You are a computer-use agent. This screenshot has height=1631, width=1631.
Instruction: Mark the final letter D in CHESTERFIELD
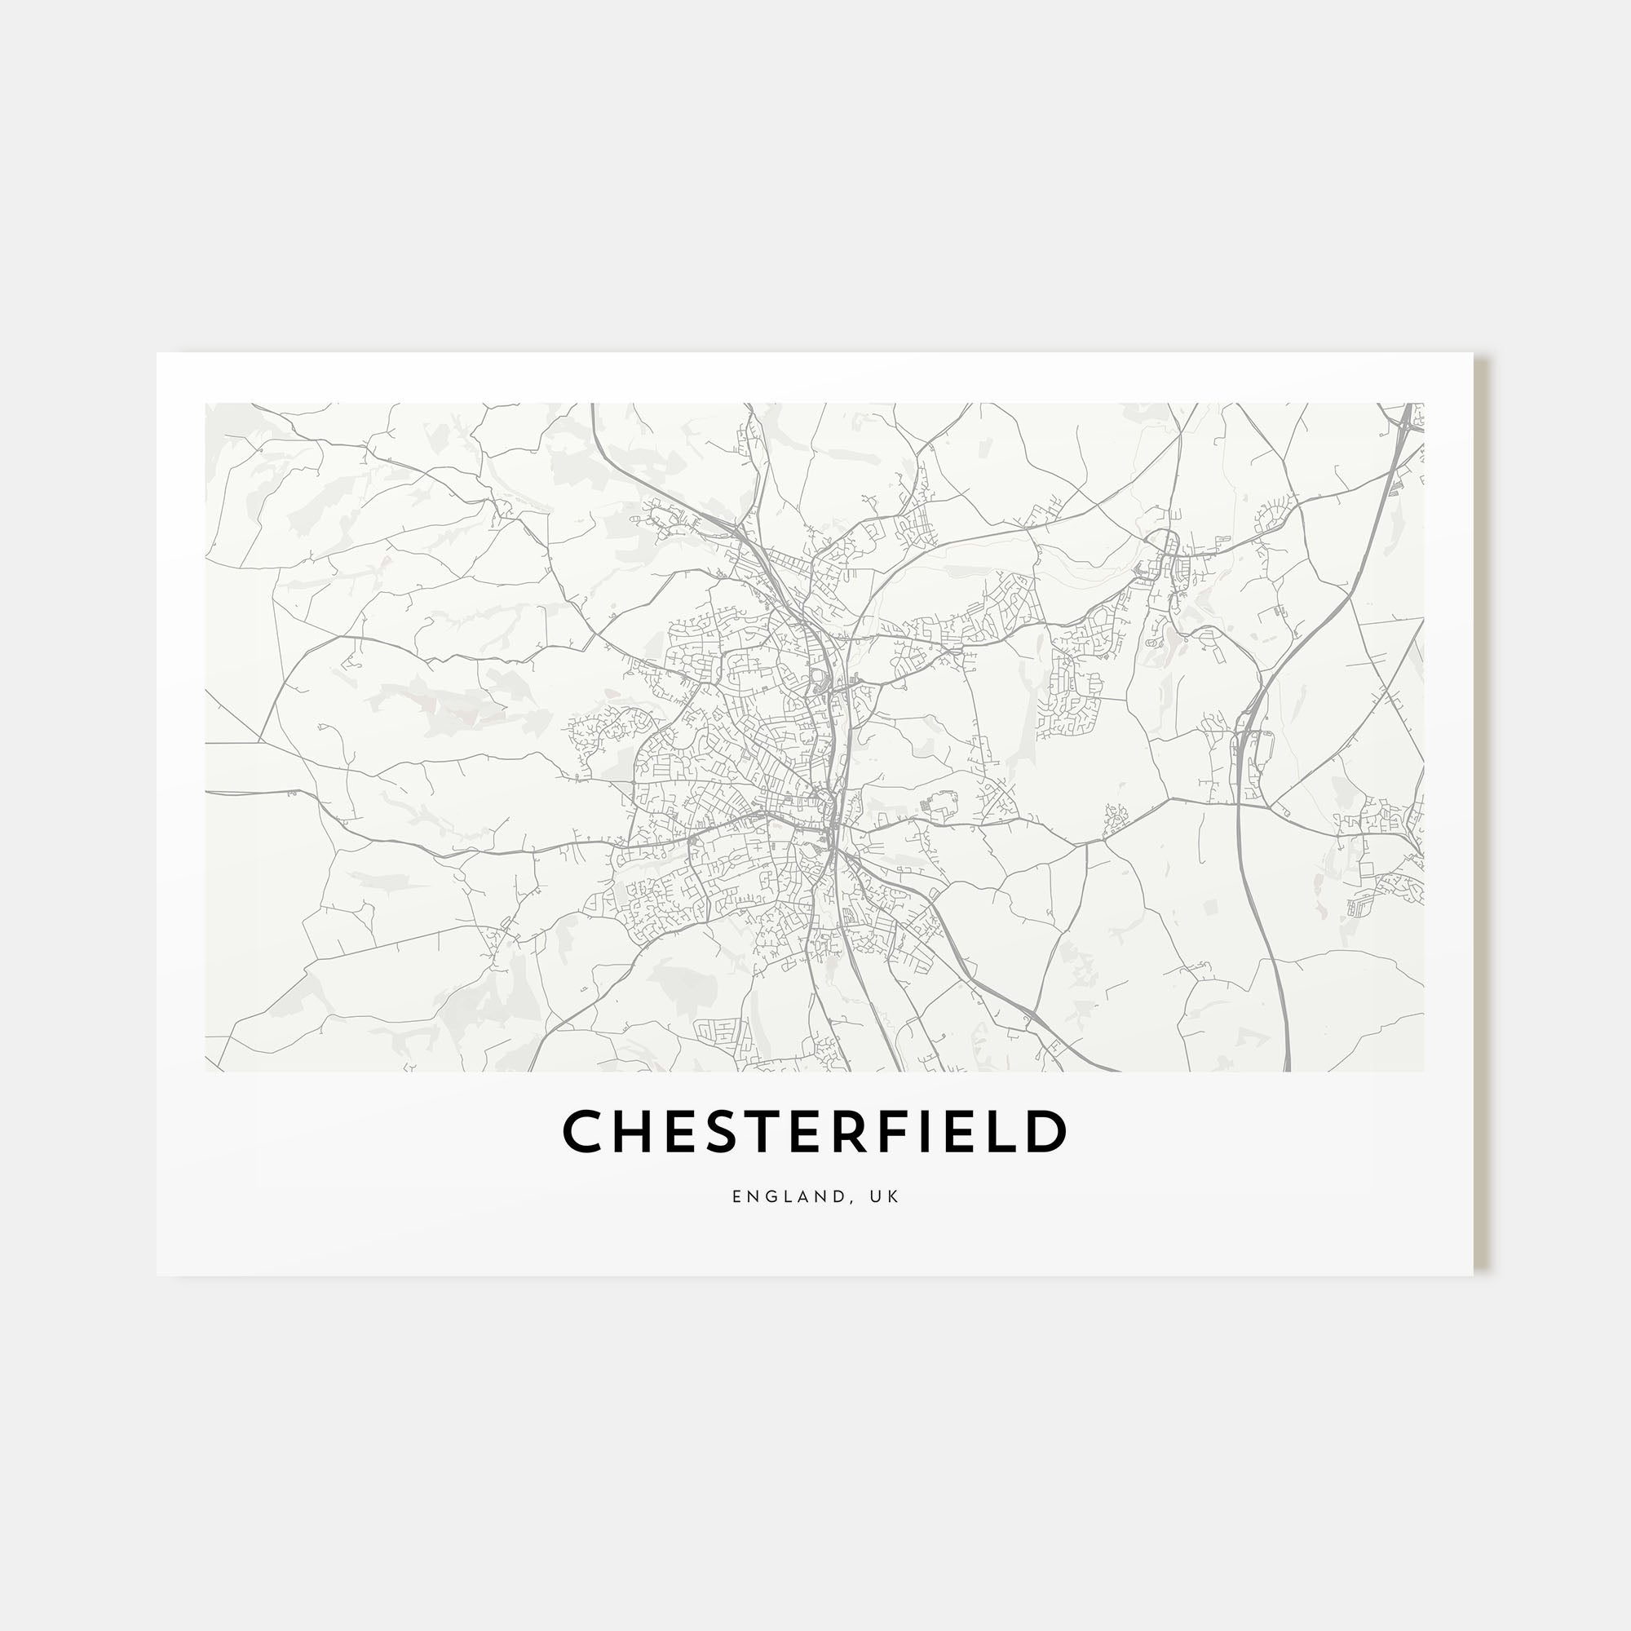(x=1045, y=1130)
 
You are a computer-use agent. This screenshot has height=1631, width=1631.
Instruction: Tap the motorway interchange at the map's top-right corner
(x=1405, y=422)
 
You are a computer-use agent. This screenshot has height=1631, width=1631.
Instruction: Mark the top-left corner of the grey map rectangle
(x=206, y=404)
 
